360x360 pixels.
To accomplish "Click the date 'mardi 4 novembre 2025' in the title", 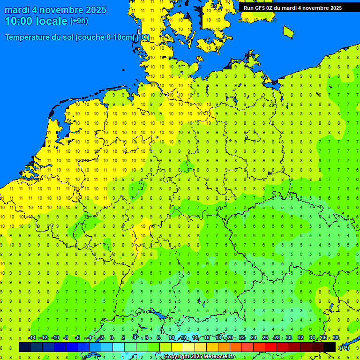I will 55,10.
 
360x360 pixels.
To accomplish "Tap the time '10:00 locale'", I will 36,21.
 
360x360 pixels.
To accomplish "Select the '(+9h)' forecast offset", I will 79,21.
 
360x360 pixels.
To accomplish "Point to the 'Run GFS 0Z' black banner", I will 292,8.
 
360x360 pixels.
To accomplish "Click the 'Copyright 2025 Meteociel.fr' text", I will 199,357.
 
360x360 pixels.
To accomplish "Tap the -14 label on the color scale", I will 32,338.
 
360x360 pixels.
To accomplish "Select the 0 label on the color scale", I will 112,338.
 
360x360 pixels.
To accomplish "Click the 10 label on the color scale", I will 172,338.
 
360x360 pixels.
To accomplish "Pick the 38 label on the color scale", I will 336,338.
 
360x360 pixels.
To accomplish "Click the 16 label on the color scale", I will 207,338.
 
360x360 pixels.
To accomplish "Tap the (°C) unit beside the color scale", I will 344,347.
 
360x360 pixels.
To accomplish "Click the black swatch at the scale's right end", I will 330,347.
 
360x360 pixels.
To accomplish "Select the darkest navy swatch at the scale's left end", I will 25,347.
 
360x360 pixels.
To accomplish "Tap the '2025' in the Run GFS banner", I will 335,8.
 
